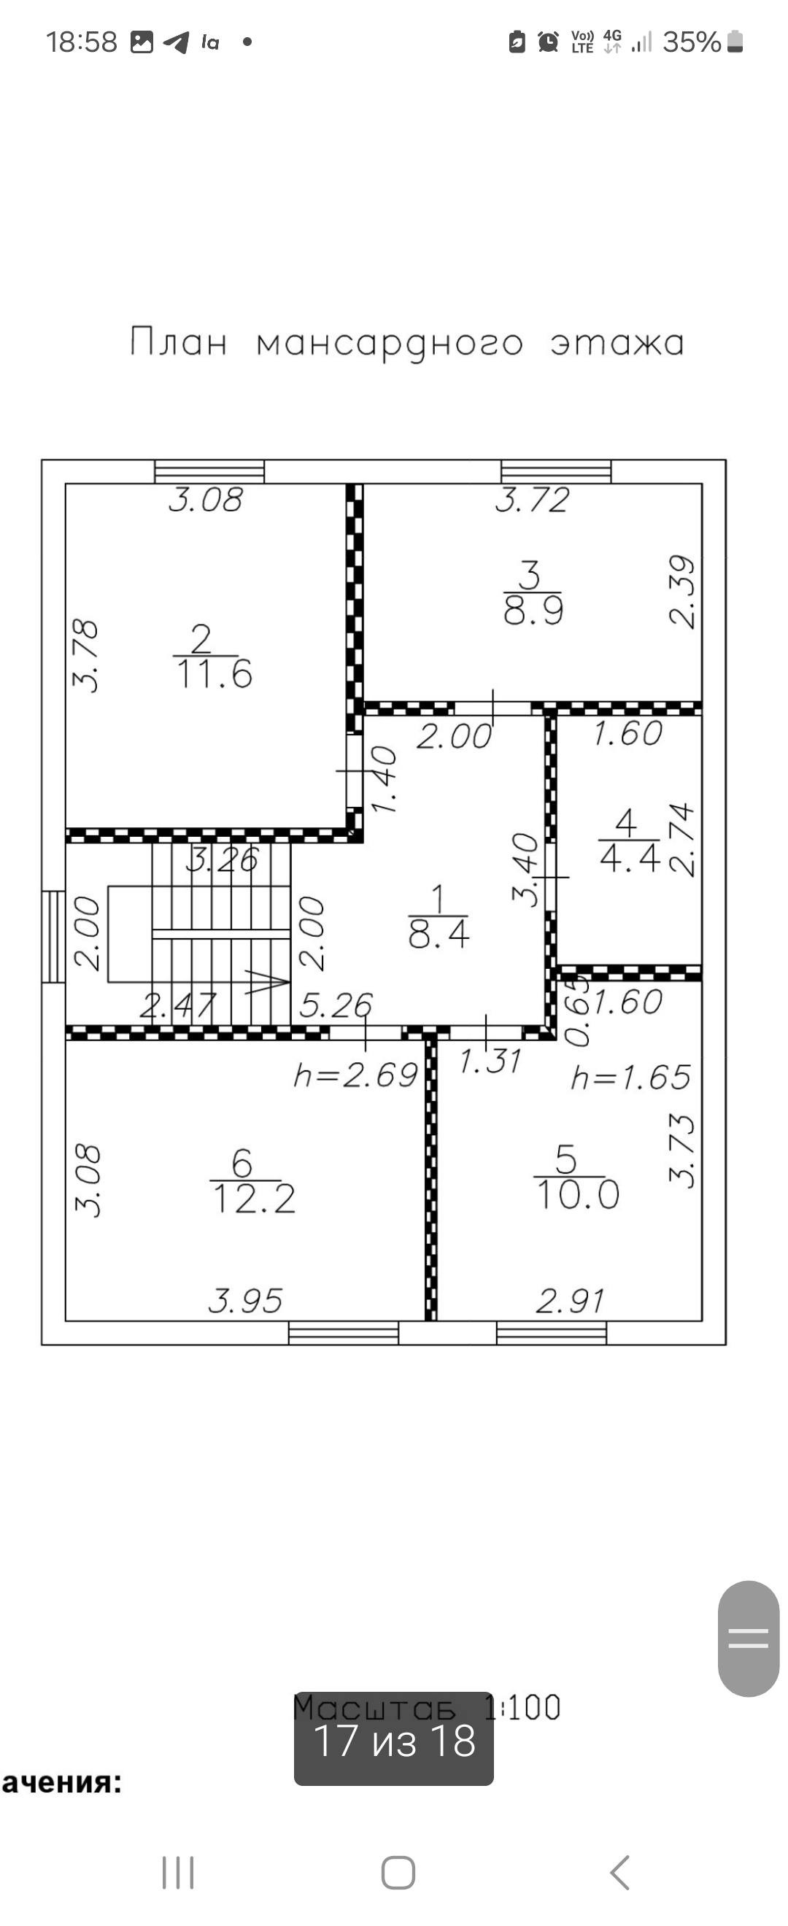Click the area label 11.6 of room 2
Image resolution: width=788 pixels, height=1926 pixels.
click(x=215, y=674)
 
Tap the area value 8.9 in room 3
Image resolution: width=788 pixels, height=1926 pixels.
click(x=533, y=611)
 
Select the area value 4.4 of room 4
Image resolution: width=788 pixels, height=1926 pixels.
click(x=630, y=857)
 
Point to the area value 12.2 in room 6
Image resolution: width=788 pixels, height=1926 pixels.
click(x=254, y=1199)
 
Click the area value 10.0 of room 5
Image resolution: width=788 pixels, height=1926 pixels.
click(x=578, y=1195)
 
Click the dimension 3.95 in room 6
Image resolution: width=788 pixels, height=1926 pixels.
click(x=245, y=1302)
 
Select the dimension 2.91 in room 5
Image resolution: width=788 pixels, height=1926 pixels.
click(x=570, y=1302)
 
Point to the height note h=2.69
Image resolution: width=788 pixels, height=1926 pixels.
click(x=355, y=1076)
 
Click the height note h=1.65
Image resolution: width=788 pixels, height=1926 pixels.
click(x=630, y=1078)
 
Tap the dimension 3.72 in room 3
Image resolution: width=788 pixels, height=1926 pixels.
click(x=533, y=500)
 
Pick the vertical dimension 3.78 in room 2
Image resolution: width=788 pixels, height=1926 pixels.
click(x=85, y=655)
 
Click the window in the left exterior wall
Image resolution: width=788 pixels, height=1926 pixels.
click(x=54, y=936)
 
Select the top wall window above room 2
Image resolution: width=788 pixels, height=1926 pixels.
click(x=209, y=472)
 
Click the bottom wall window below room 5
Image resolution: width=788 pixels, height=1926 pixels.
click(x=552, y=1333)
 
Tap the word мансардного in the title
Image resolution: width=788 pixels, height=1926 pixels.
click(x=390, y=344)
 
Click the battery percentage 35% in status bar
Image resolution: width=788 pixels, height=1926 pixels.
click(x=692, y=42)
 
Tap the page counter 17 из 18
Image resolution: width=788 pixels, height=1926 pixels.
click(x=394, y=1741)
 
